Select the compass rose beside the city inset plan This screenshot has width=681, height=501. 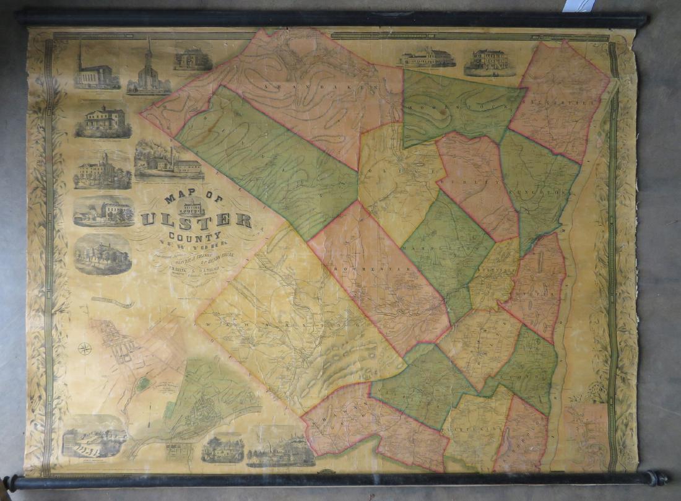pyautogui.click(x=85, y=348)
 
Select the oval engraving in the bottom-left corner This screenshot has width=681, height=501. pyautogui.click(x=93, y=437)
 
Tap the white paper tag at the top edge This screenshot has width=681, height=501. pyautogui.click(x=578, y=5)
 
